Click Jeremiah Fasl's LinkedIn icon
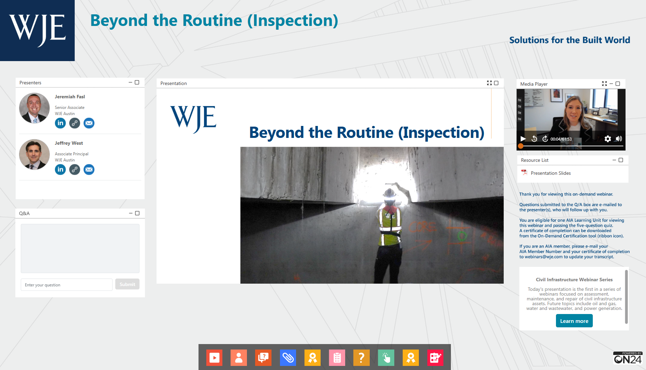[x=60, y=123]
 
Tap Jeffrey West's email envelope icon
[x=89, y=169]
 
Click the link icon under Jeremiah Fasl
[x=75, y=123]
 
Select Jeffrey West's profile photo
[x=34, y=154]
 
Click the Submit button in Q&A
[x=127, y=284]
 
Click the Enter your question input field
[x=67, y=285]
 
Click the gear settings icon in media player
[x=607, y=139]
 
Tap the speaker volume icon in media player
[x=619, y=139]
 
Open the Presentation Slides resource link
[x=550, y=173]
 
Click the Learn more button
[x=574, y=321]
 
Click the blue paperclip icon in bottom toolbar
[x=288, y=357]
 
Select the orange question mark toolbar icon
[x=362, y=357]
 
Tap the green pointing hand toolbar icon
[x=386, y=357]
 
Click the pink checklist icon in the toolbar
[x=337, y=357]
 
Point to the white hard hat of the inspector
[x=389, y=193]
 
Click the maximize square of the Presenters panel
[x=137, y=82]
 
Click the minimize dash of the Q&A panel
[x=131, y=213]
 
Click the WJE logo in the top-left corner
[x=37, y=30]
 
